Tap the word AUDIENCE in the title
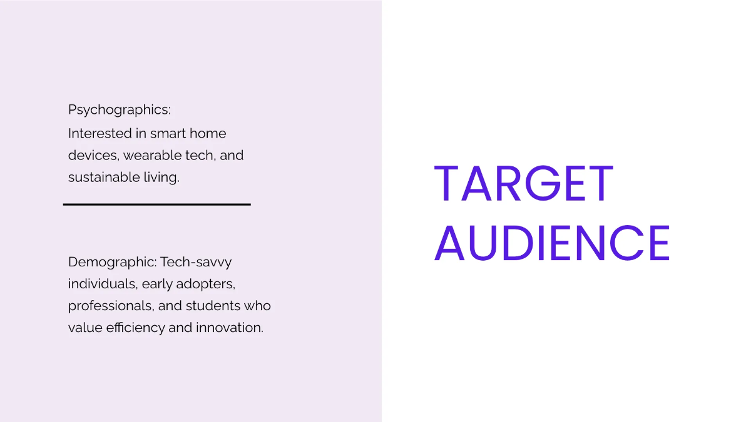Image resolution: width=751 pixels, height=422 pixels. click(x=552, y=243)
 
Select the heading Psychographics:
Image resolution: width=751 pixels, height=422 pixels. click(x=119, y=110)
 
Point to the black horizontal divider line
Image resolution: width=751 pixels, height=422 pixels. click(x=156, y=204)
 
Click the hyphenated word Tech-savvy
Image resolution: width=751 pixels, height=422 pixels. click(x=196, y=262)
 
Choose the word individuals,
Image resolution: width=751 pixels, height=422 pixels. click(x=103, y=284)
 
